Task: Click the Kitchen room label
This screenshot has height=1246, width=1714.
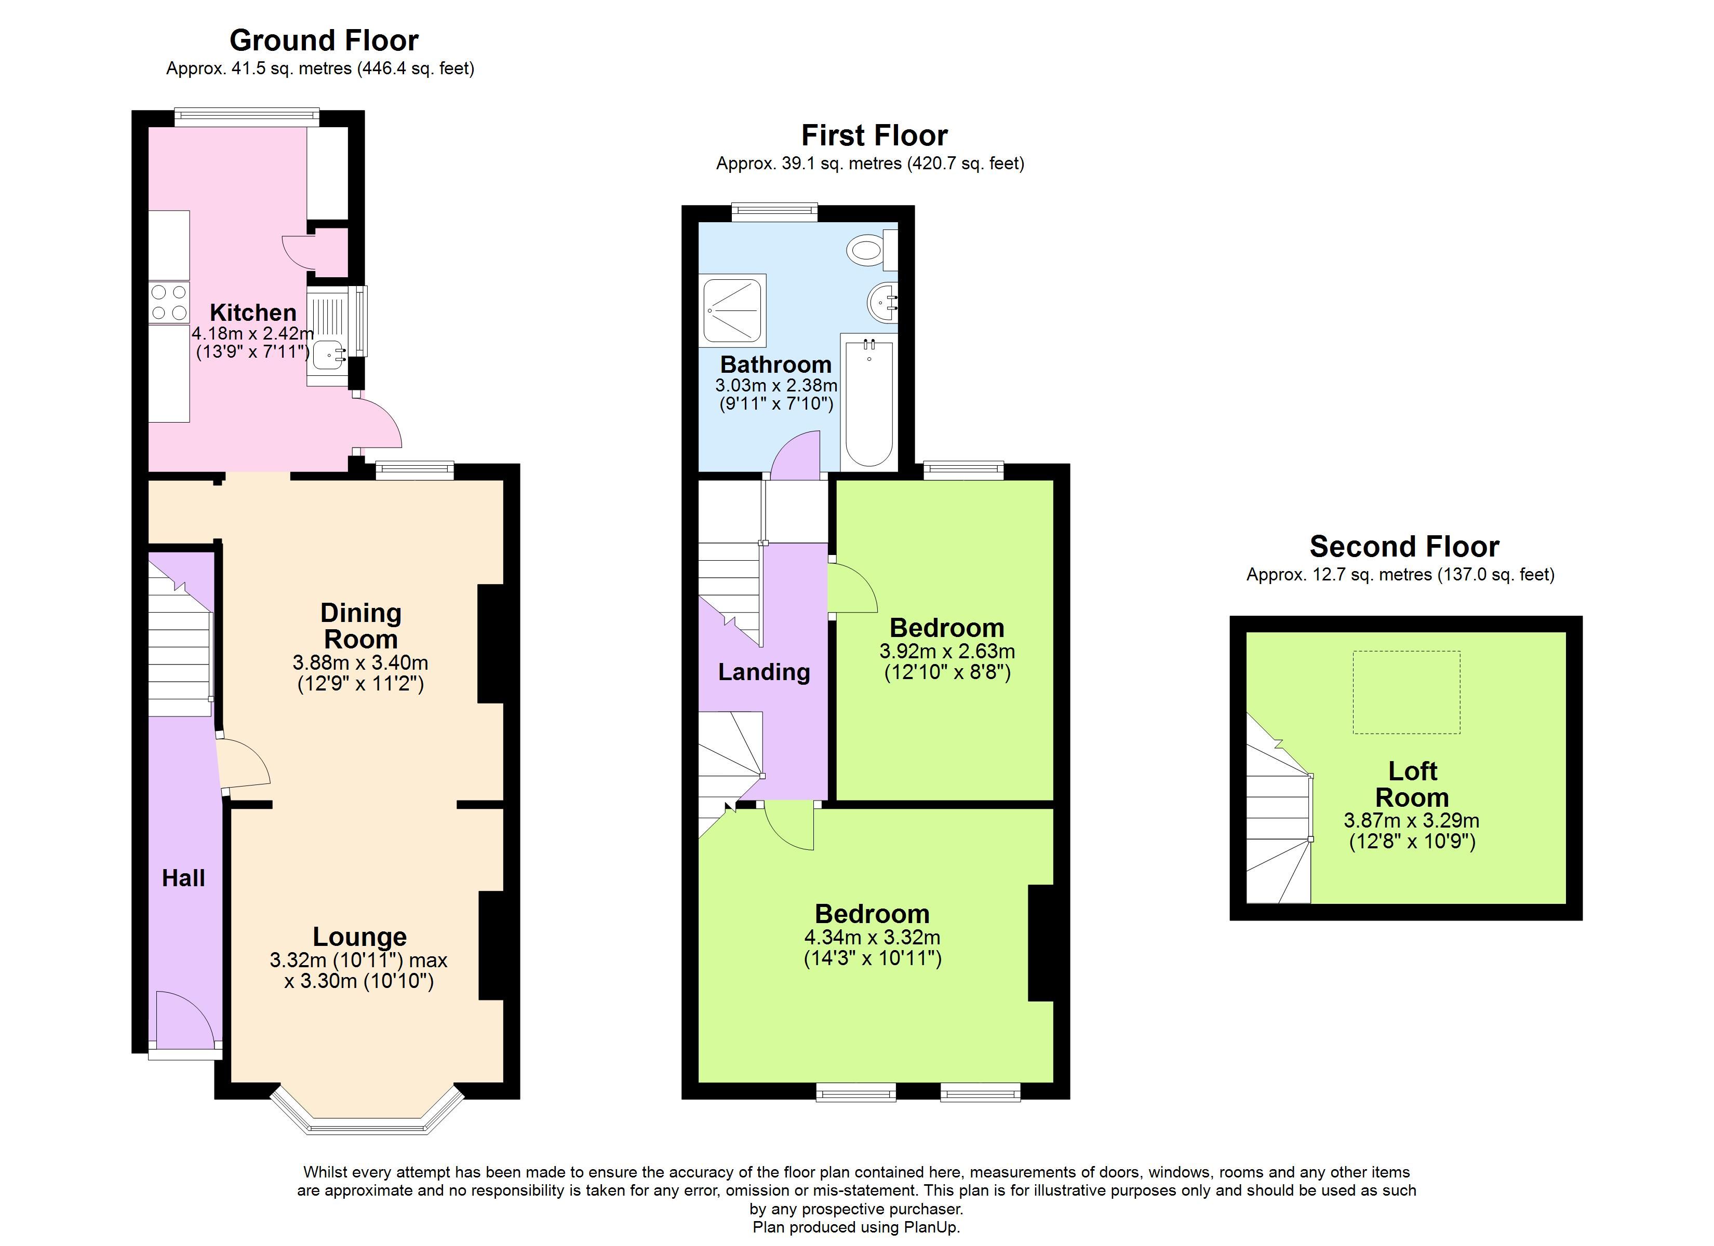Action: coord(252,312)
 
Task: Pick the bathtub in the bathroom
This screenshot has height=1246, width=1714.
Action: coord(869,403)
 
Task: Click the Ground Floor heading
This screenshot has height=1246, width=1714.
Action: coord(324,40)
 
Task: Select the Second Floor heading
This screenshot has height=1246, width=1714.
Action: coord(1404,546)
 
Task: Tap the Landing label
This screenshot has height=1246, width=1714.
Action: coord(764,672)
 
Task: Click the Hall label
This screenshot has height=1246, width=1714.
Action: coord(184,877)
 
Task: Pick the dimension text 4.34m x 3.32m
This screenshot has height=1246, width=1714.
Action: coord(872,938)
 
